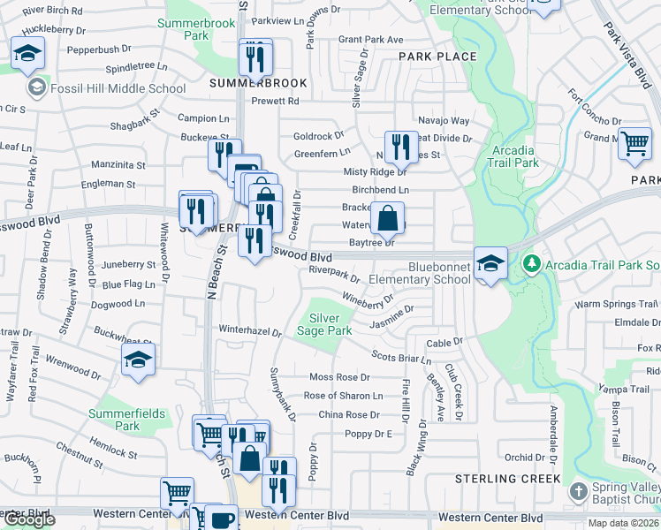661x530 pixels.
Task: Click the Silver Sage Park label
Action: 330,324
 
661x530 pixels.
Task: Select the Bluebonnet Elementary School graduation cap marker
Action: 490,262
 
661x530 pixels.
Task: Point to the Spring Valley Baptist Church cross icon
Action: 578,490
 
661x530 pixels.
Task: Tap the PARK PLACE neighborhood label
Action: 437,57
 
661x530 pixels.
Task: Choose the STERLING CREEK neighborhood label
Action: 507,479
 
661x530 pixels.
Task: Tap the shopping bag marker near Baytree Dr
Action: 387,217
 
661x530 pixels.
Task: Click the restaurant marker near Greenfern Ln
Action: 402,148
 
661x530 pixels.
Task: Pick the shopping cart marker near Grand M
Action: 634,143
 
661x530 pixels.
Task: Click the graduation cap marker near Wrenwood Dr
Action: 139,360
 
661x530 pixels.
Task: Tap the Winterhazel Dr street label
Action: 250,332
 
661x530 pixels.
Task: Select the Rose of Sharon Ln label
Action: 343,396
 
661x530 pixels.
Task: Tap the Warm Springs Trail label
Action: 618,304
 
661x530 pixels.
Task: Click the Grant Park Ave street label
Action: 370,40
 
